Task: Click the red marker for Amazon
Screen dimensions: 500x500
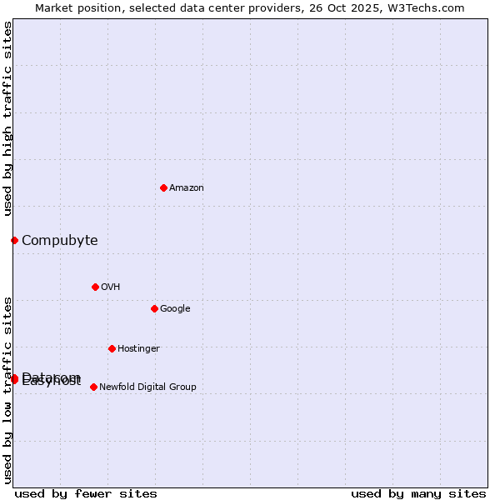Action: click(163, 187)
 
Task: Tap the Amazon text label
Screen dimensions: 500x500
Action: click(187, 188)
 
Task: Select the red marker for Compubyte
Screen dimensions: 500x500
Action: click(14, 240)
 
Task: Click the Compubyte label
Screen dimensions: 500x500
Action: click(59, 241)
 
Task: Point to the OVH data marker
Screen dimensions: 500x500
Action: click(95, 287)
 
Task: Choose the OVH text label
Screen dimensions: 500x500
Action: click(111, 287)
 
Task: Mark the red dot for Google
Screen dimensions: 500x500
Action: click(154, 308)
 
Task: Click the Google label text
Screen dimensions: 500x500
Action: click(175, 309)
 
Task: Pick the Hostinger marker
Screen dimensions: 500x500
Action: click(112, 348)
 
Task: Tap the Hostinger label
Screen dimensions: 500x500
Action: click(138, 349)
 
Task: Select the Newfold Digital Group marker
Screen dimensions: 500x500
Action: click(93, 387)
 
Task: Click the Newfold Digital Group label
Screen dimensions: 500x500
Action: click(147, 387)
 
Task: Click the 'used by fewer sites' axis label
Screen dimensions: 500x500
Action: click(86, 493)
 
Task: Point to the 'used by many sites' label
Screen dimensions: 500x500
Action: click(418, 493)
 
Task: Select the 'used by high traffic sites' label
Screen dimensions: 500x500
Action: click(8, 118)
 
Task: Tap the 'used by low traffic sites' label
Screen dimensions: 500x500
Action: click(8, 390)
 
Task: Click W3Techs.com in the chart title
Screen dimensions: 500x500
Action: click(428, 8)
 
